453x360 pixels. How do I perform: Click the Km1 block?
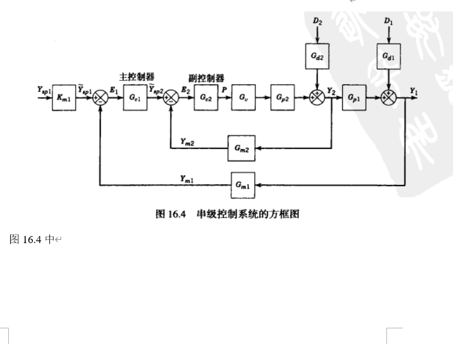point(63,99)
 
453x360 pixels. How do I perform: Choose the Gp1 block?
point(353,99)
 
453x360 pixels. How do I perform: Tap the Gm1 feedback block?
point(242,185)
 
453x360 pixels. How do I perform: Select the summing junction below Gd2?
point(317,99)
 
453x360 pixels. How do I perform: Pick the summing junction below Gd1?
point(388,99)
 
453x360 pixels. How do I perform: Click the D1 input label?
point(388,21)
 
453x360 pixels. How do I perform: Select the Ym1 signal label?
point(188,178)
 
